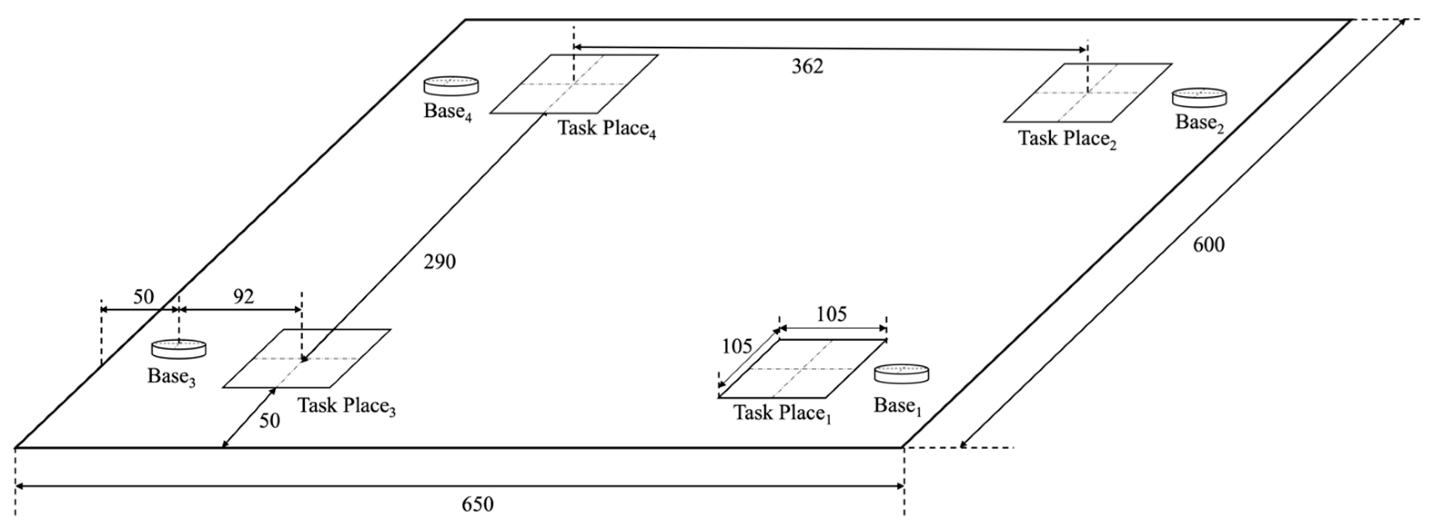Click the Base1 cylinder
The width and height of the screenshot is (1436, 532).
point(901,374)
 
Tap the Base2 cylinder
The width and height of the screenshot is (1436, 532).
point(1199,98)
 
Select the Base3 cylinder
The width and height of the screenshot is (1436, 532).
point(178,349)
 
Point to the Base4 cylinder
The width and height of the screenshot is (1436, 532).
point(451,86)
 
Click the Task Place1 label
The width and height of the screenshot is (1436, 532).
point(782,413)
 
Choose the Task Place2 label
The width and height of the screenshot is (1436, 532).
point(1067,139)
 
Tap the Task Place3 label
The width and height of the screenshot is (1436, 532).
point(346,406)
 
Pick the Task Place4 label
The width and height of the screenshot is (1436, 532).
point(606,129)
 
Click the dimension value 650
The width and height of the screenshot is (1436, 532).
point(478,504)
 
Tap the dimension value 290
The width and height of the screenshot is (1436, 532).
point(439,262)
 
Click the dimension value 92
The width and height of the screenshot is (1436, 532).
point(243,297)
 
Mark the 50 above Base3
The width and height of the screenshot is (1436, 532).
point(143,297)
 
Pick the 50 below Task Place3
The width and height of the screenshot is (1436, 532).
point(270,421)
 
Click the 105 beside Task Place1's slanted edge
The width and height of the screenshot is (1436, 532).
point(737,347)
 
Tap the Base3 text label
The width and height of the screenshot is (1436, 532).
point(171,377)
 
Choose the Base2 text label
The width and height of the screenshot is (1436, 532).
point(1199,123)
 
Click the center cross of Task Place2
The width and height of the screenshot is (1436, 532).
point(1087,93)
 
